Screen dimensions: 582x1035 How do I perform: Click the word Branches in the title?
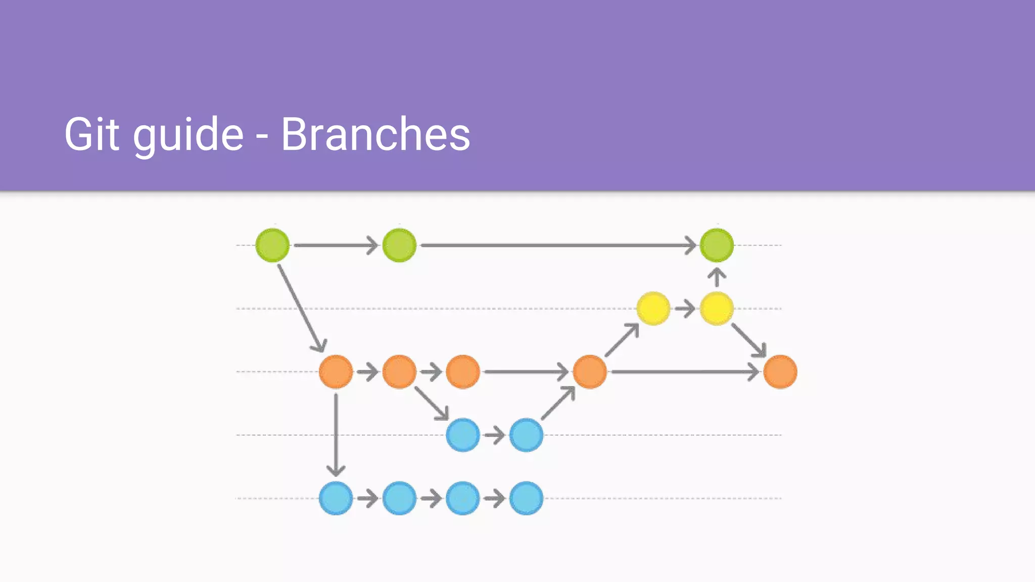(375, 134)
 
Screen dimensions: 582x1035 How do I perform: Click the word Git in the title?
(91, 134)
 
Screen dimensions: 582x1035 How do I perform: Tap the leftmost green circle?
(272, 246)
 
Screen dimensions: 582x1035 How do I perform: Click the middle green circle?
(399, 246)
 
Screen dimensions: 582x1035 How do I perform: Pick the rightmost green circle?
(717, 246)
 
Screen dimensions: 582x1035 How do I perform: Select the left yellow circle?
(653, 309)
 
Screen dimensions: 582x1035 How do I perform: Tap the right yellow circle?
(717, 309)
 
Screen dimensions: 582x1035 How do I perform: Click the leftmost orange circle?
(336, 372)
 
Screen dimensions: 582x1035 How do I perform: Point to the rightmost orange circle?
(780, 372)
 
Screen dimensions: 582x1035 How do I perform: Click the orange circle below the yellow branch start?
(589, 372)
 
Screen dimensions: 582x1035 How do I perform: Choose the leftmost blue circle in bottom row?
(336, 498)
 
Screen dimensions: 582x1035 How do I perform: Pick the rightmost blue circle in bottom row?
(526, 498)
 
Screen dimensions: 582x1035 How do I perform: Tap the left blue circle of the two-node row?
(462, 435)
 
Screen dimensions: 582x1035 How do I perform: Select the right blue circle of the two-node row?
(526, 435)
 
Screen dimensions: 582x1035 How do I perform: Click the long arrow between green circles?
(556, 246)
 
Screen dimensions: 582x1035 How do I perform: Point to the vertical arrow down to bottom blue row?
(336, 434)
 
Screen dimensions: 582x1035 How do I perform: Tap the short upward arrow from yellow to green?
(717, 277)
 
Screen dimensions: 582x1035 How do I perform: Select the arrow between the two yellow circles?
(685, 309)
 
